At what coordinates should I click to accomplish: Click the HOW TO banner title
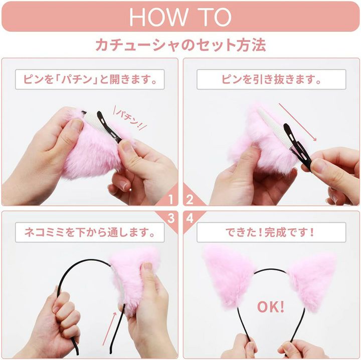pyautogui.click(x=180, y=17)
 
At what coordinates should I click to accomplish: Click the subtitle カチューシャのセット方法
pyautogui.click(x=180, y=45)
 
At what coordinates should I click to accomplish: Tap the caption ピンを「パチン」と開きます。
pyautogui.click(x=90, y=80)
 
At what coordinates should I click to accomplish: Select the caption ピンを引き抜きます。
pyautogui.click(x=271, y=80)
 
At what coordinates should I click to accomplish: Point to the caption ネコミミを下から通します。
pyautogui.click(x=90, y=232)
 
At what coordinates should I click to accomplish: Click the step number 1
pyautogui.click(x=170, y=200)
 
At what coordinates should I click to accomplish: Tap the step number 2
pyautogui.click(x=190, y=200)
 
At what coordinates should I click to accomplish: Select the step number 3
pyautogui.click(x=171, y=218)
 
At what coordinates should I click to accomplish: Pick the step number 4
pyautogui.click(x=190, y=218)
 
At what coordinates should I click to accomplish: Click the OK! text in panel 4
pyautogui.click(x=271, y=307)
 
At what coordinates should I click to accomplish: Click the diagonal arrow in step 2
pyautogui.click(x=297, y=122)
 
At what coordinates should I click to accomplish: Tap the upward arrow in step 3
pyautogui.click(x=110, y=329)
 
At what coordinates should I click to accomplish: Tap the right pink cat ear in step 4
pyautogui.click(x=311, y=281)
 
